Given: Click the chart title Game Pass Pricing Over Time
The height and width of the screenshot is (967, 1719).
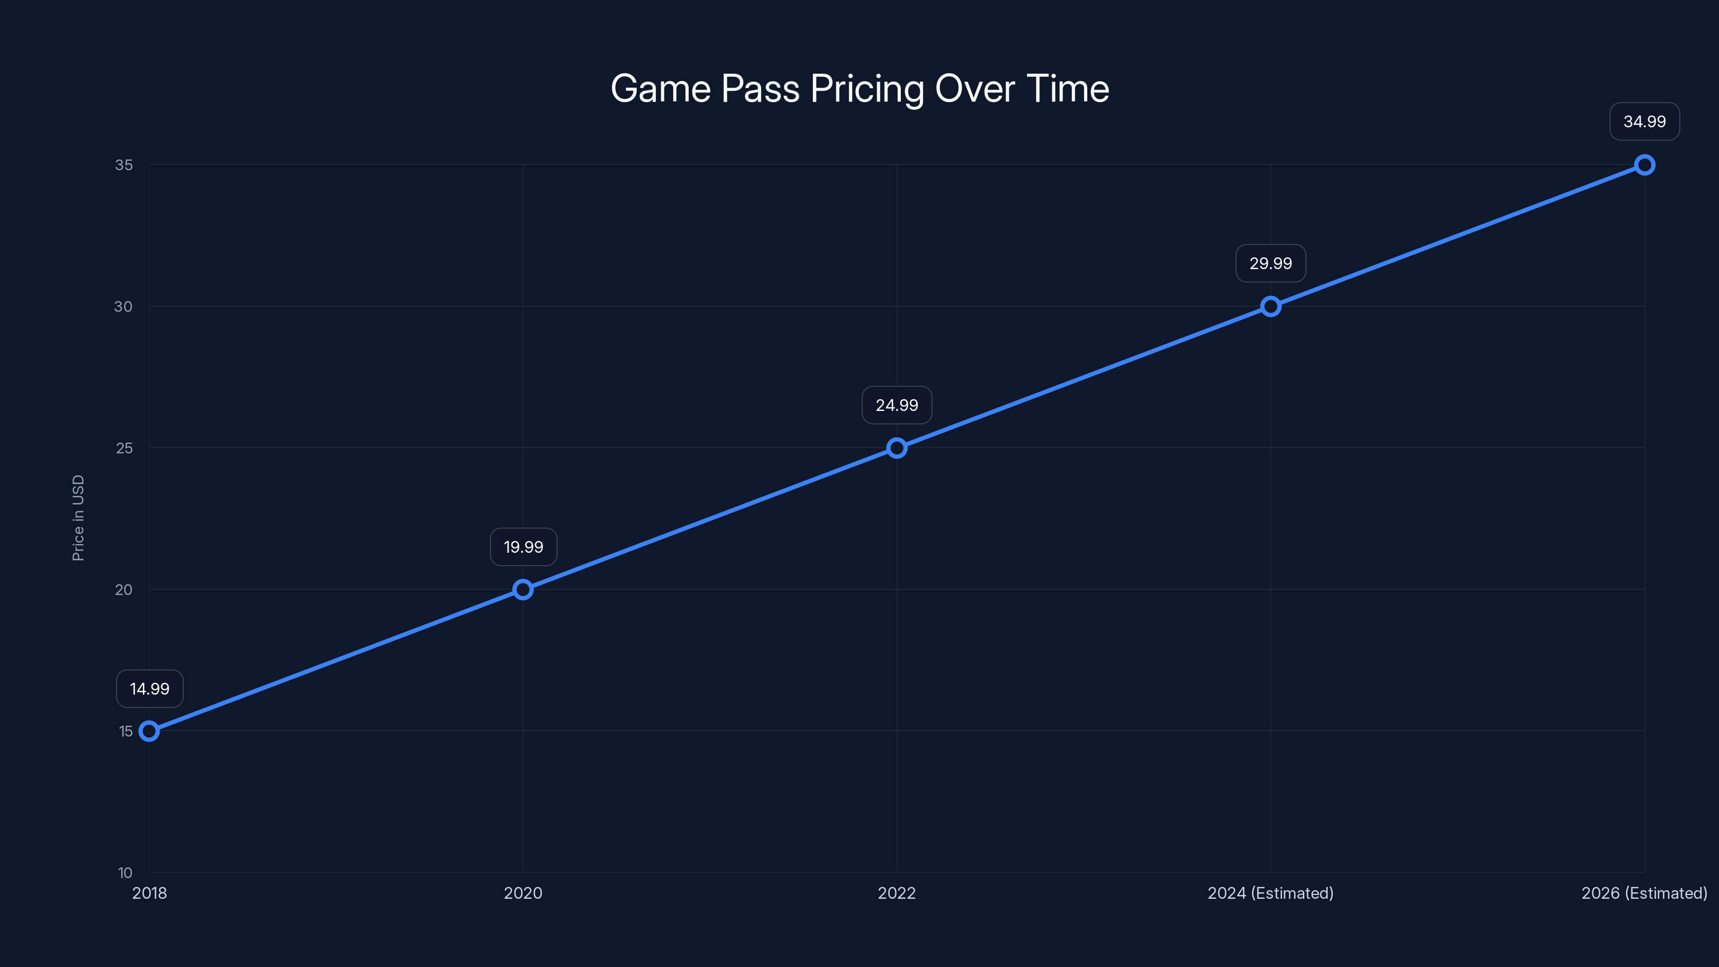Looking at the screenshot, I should (860, 89).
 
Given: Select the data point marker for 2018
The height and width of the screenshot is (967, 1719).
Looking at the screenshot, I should (149, 731).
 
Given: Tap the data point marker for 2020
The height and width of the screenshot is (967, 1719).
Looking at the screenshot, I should (523, 589).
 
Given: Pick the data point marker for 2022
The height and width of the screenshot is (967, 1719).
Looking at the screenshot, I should (897, 448).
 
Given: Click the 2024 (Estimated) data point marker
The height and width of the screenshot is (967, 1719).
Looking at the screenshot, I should (1270, 306).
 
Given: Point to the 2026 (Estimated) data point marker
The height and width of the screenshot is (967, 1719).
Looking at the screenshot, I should (1644, 165).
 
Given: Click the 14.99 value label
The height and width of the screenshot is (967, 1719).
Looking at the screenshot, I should (149, 689).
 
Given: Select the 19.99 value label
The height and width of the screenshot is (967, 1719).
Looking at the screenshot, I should (523, 547).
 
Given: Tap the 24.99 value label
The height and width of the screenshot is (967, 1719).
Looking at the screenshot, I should (897, 405).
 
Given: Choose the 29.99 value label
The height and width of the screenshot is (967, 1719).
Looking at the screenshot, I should (1270, 264).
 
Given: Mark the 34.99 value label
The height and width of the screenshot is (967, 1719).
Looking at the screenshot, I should (1644, 121).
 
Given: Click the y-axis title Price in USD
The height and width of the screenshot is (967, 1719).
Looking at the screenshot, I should (78, 518).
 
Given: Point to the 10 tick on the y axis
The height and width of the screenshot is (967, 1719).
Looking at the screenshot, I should (125, 872).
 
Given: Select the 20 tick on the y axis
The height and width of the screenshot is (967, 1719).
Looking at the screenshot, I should (124, 589).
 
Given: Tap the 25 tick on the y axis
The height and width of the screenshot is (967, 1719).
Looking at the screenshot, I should (124, 448).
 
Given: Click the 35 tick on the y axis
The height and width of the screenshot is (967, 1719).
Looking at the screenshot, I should (124, 165).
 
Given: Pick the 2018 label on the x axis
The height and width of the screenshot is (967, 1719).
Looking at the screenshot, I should (149, 893).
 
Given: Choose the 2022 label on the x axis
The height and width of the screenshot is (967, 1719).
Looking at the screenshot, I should (897, 893).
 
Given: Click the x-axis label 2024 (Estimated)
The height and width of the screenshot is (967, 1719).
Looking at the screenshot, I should (1270, 893).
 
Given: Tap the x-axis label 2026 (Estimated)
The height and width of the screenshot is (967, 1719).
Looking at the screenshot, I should (1644, 893).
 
